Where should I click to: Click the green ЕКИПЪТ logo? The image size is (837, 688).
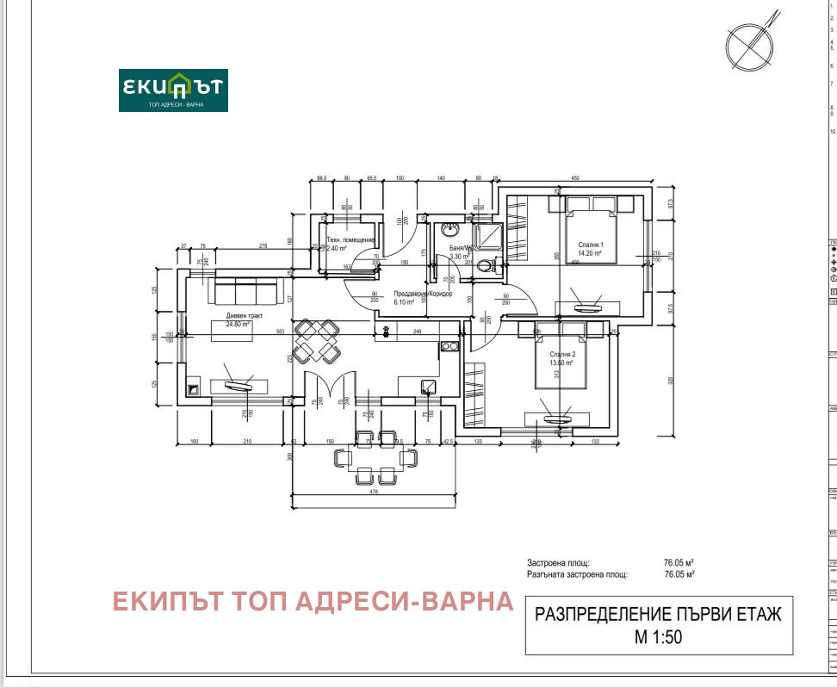[x=173, y=90]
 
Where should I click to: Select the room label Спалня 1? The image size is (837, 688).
[x=591, y=245]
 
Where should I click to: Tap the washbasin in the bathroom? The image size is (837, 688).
[x=449, y=230]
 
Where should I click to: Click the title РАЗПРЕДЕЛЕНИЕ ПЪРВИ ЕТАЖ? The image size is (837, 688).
[x=659, y=614]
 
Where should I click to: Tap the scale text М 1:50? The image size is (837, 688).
[x=659, y=638]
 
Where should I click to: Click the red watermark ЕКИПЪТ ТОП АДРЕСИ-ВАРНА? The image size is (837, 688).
[x=313, y=601]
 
